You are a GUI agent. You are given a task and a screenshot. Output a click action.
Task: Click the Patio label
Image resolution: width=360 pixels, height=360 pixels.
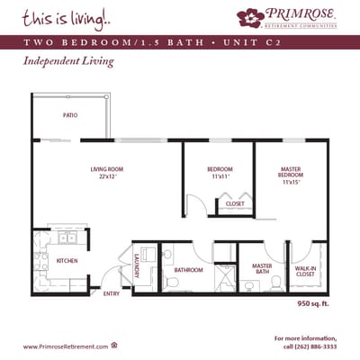tap(69, 115)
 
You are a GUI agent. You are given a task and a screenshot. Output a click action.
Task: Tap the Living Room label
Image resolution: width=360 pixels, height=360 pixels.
tap(106, 169)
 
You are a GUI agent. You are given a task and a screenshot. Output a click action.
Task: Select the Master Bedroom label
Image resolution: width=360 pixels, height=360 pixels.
tap(290, 172)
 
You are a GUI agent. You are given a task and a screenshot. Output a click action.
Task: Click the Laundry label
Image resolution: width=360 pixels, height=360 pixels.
tap(136, 266)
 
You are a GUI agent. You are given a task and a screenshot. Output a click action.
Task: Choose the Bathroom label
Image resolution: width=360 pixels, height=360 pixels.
tap(188, 270)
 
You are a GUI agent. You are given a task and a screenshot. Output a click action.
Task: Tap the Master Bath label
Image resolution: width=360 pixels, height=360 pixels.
tap(262, 268)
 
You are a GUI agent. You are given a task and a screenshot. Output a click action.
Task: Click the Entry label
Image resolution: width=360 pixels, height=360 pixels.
tap(112, 293)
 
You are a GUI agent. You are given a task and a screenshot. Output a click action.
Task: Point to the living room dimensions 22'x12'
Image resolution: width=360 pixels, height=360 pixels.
tap(106, 176)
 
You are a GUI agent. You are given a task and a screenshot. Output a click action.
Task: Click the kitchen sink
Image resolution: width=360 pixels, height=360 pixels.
tap(67, 239)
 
